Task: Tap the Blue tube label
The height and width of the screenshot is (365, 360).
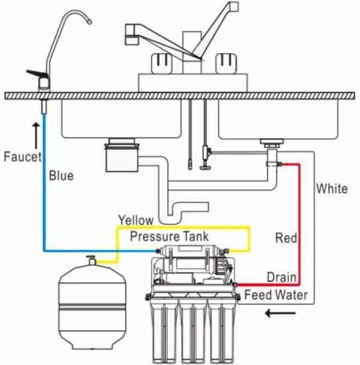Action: tap(61, 177)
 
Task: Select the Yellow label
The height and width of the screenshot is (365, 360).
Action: tap(135, 220)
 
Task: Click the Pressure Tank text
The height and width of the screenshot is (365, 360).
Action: tap(169, 236)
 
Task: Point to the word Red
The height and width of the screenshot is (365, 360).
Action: tap(286, 238)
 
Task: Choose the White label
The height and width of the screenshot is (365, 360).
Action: tap(331, 188)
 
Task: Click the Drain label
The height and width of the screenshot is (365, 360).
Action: tap(281, 277)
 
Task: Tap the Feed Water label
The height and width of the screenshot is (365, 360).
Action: tap(276, 294)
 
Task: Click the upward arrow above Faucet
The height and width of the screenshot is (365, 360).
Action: tap(35, 131)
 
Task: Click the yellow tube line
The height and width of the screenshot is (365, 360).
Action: tap(249, 239)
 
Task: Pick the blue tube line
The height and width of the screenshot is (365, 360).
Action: tap(44, 199)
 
